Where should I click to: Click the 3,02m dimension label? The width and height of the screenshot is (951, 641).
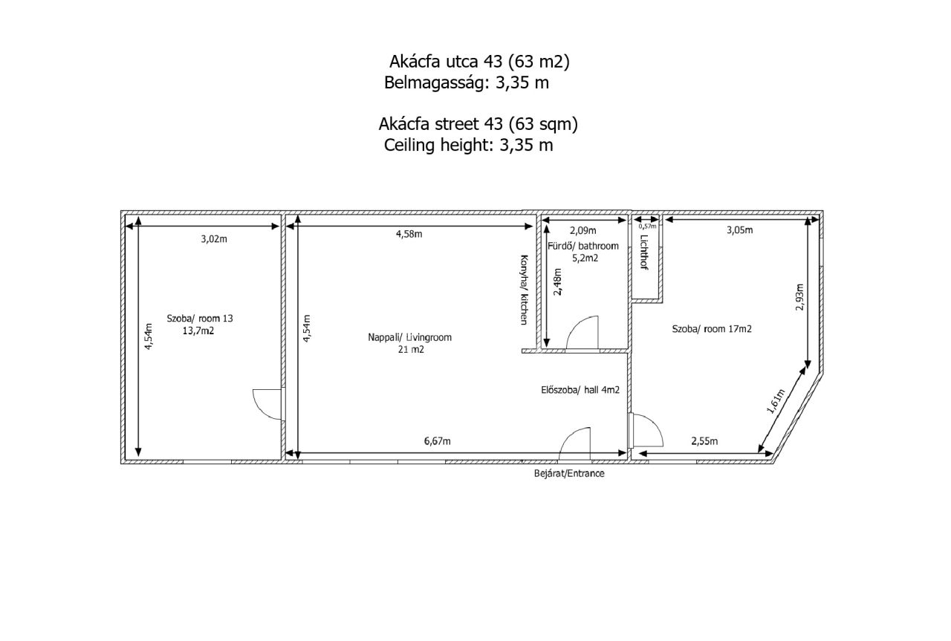pyautogui.click(x=214, y=239)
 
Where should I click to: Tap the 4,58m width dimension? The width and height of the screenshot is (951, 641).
pyautogui.click(x=409, y=234)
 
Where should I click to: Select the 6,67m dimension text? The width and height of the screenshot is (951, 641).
pyautogui.click(x=438, y=441)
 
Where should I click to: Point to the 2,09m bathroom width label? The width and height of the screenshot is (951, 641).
pyautogui.click(x=583, y=230)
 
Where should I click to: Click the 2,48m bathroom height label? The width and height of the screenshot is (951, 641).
pyautogui.click(x=557, y=282)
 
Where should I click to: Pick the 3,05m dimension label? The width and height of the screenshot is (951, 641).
pyautogui.click(x=740, y=230)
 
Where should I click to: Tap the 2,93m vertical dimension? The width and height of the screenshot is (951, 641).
pyautogui.click(x=799, y=297)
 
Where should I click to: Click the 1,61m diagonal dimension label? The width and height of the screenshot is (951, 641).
pyautogui.click(x=776, y=401)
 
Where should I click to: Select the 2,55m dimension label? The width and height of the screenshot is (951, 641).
pyautogui.click(x=705, y=441)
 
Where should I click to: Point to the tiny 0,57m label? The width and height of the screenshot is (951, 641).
pyautogui.click(x=647, y=227)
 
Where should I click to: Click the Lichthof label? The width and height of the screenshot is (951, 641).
pyautogui.click(x=644, y=252)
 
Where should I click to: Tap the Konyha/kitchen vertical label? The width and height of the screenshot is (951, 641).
pyautogui.click(x=525, y=290)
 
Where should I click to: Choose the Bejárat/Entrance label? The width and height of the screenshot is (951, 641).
pyautogui.click(x=569, y=473)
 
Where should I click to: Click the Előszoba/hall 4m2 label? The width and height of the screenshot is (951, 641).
pyautogui.click(x=580, y=390)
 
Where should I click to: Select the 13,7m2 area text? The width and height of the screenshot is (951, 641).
pyautogui.click(x=198, y=331)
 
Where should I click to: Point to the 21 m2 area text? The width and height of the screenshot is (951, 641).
pyautogui.click(x=411, y=349)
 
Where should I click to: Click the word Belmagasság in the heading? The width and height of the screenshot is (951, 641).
pyautogui.click(x=434, y=82)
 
